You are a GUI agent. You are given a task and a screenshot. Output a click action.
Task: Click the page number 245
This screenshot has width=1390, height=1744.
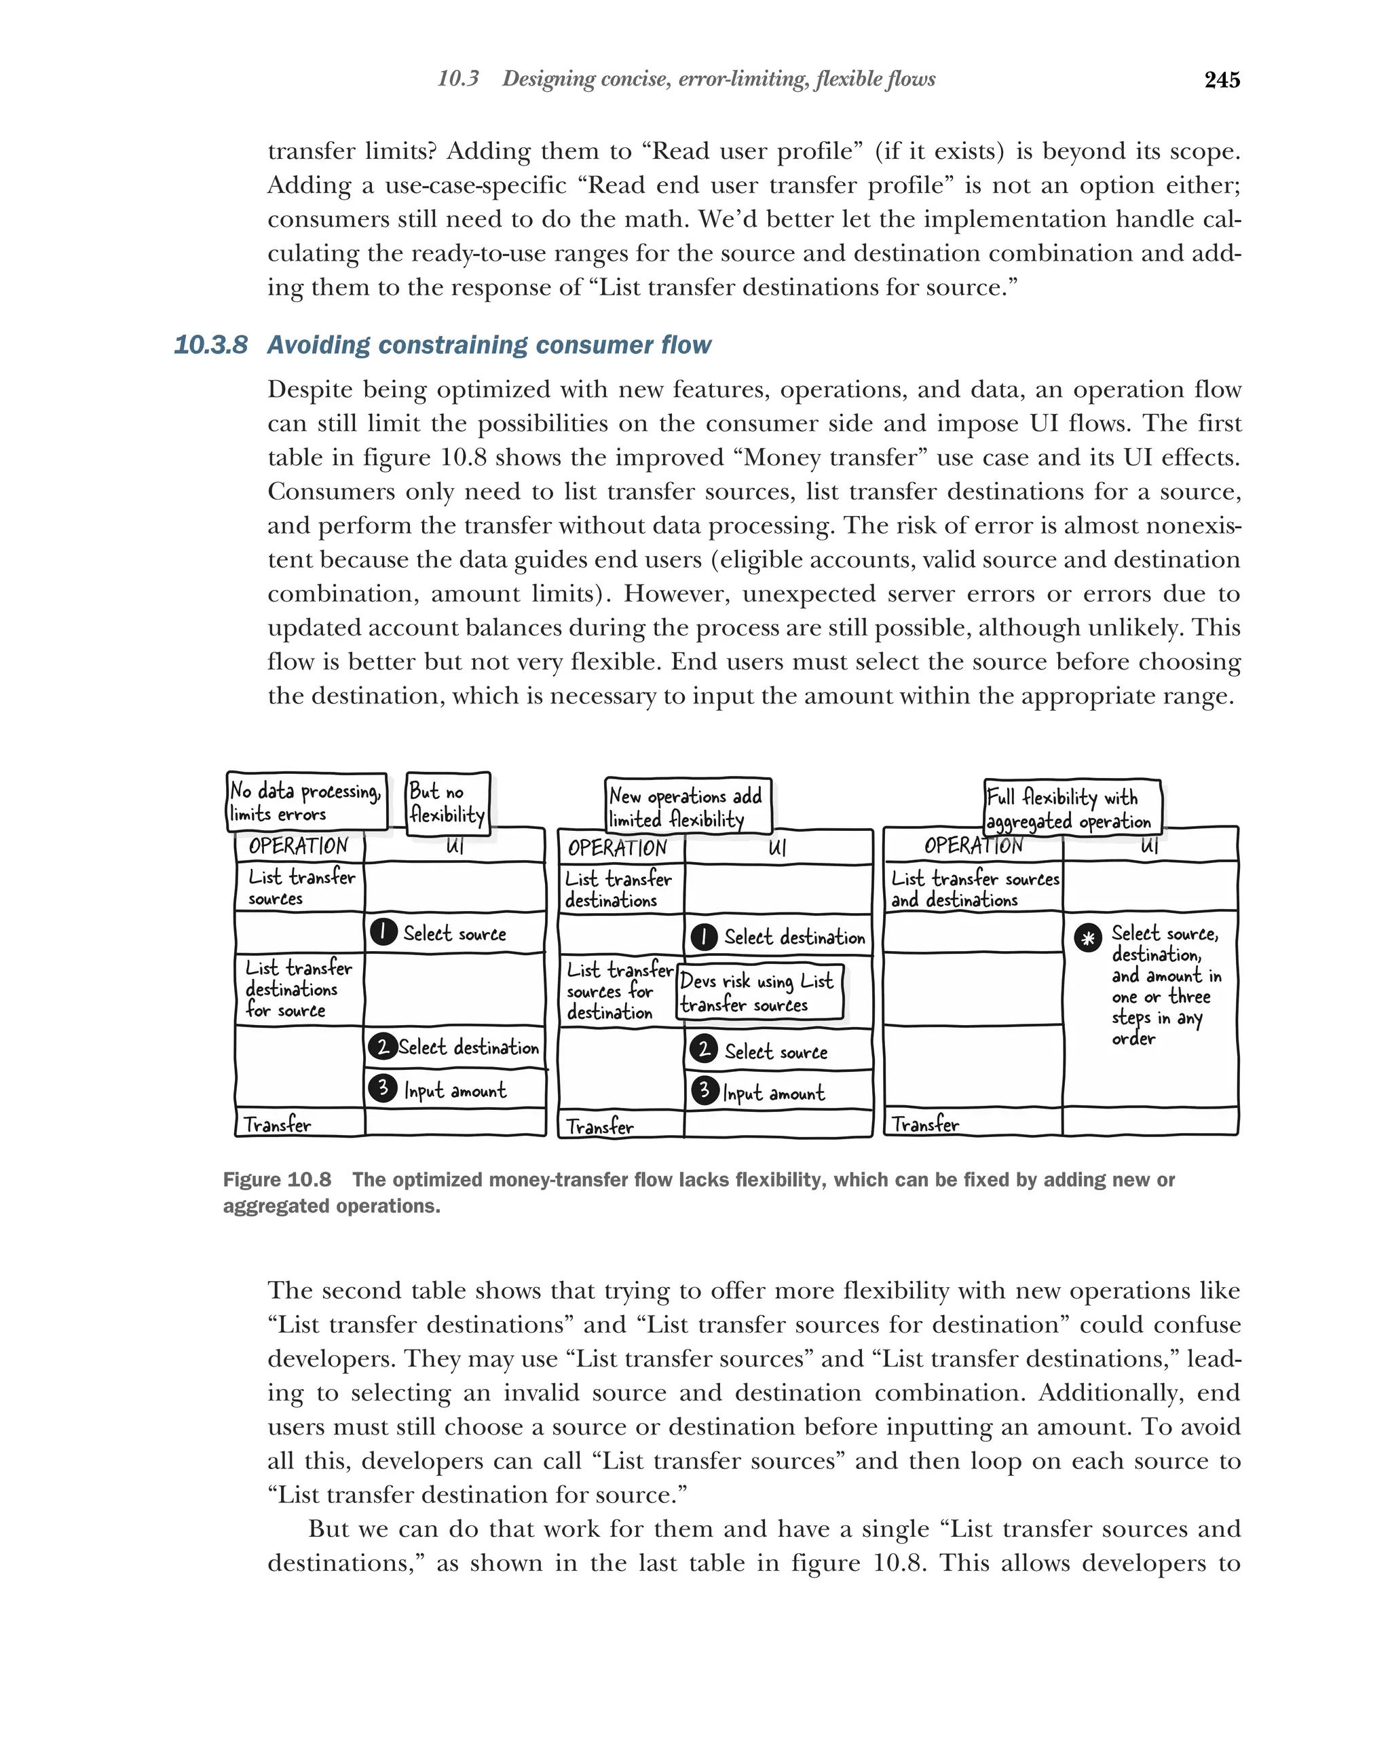click(x=1221, y=80)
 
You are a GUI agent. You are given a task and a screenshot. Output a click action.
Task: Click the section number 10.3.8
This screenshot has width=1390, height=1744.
click(x=210, y=346)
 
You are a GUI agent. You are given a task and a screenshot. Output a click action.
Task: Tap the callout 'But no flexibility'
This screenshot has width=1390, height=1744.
click(x=447, y=802)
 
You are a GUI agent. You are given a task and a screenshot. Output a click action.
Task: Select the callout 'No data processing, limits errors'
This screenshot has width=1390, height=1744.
click(x=305, y=801)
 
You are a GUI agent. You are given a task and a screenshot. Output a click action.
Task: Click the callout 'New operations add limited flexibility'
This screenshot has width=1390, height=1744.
click(x=688, y=806)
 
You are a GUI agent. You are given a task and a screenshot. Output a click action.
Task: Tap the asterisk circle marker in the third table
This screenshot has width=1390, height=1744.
click(x=1087, y=938)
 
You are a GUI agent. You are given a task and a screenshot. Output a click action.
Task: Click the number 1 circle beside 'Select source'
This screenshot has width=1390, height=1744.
click(x=383, y=932)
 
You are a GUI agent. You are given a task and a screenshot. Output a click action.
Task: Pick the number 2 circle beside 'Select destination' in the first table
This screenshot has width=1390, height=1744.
click(x=381, y=1047)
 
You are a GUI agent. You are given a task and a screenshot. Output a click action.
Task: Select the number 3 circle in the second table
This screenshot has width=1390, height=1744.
click(x=705, y=1091)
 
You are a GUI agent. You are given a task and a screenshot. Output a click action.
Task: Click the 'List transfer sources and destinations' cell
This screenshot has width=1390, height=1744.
click(x=973, y=888)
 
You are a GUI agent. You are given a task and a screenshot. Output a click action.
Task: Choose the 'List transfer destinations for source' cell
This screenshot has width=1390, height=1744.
click(x=297, y=988)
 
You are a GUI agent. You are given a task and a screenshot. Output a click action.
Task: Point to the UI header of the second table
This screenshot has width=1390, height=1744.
click(x=777, y=848)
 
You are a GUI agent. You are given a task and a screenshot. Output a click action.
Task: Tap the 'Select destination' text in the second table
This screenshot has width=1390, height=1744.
click(x=793, y=938)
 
